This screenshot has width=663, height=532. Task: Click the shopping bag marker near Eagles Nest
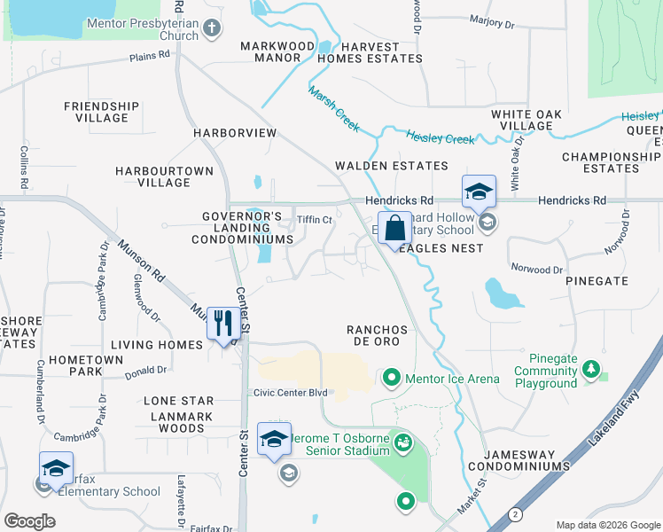pyautogui.click(x=394, y=227)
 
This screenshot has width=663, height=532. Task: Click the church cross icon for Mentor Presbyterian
pyautogui.click(x=211, y=28)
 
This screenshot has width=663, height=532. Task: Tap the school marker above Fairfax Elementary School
pyautogui.click(x=56, y=467)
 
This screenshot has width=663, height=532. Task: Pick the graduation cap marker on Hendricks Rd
pyautogui.click(x=478, y=191)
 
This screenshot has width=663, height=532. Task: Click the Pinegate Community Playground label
pyautogui.click(x=546, y=371)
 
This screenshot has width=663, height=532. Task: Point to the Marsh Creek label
pyautogui.click(x=334, y=109)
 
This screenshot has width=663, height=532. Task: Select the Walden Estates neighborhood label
pyautogui.click(x=391, y=166)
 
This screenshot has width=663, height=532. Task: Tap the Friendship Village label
pyautogui.click(x=101, y=112)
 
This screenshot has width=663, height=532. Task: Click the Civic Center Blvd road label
pyautogui.click(x=290, y=393)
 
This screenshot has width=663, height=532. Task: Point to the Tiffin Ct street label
pyautogui.click(x=314, y=220)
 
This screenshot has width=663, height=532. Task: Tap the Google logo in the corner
pyautogui.click(x=30, y=521)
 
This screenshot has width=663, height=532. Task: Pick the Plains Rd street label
pyautogui.click(x=150, y=55)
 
